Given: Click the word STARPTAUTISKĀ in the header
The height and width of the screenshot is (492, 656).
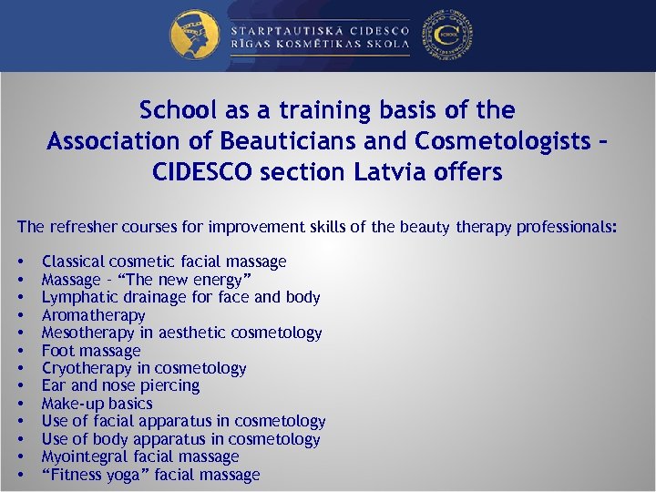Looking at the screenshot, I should tap(277, 28).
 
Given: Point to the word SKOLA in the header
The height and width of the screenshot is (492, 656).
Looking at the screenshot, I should tap(384, 46).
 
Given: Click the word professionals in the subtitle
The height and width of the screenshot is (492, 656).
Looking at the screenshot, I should tap(565, 227).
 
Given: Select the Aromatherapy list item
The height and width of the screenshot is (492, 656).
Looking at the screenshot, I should tap(94, 315).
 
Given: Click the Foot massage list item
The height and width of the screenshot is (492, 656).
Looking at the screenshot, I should tap(91, 351).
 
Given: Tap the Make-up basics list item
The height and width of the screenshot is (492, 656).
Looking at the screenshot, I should tap(97, 404).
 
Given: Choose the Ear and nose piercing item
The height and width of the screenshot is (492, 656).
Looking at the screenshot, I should tap(120, 385).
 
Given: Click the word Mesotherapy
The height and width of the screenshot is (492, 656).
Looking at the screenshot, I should tap(89, 333).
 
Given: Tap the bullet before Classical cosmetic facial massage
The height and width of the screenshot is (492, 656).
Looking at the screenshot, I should tap(20, 262).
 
